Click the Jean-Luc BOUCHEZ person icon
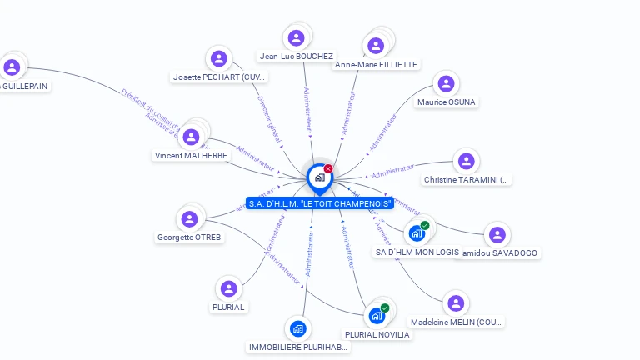296,37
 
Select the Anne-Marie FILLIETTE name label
377,64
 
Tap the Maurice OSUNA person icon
447,83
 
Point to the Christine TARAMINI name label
467,179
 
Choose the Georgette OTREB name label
190,237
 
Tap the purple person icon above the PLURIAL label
228,288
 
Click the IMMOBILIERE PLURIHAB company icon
298,328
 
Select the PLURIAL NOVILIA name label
377,334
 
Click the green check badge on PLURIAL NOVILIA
385,307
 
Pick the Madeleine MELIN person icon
455,303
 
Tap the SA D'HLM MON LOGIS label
417,252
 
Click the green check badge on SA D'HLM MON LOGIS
425,225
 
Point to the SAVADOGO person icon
497,235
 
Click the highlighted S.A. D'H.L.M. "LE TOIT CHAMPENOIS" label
320,202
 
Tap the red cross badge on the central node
328,168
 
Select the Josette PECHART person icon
219,58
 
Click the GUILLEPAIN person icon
12,67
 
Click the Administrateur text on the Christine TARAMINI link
392,172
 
